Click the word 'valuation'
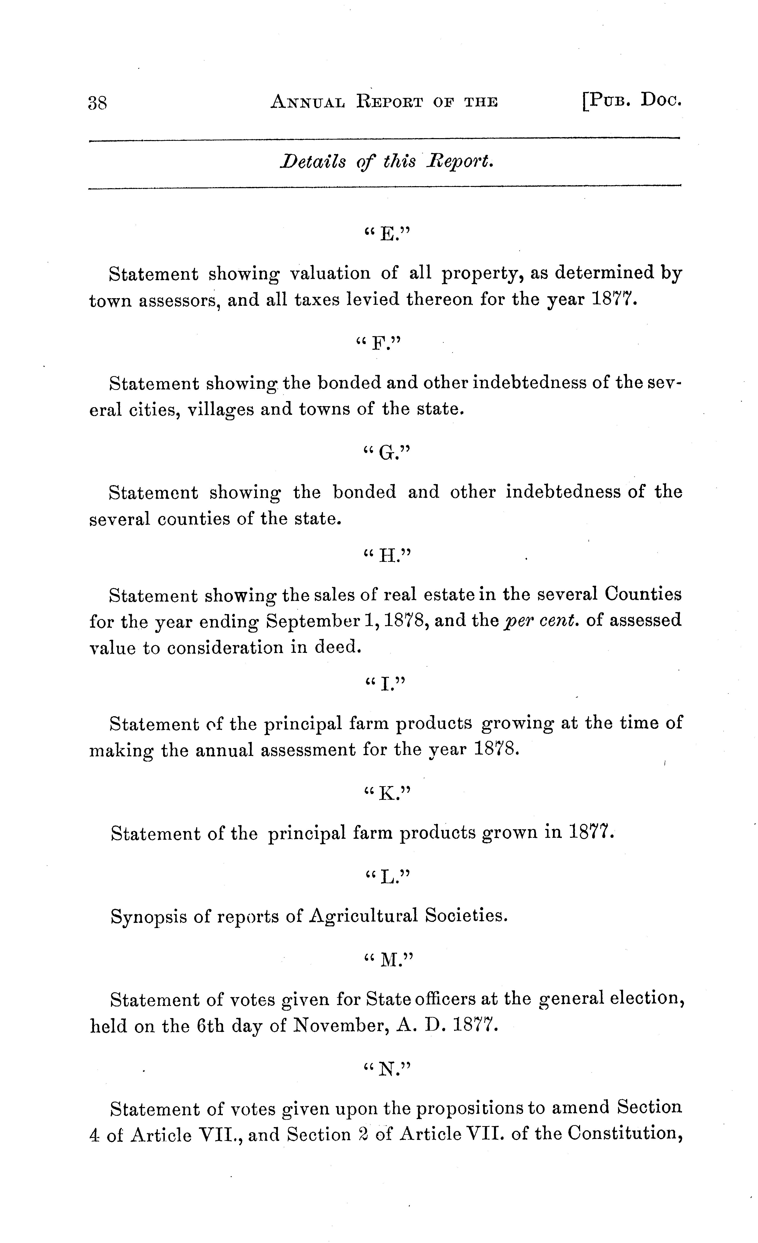pos(330,274)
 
